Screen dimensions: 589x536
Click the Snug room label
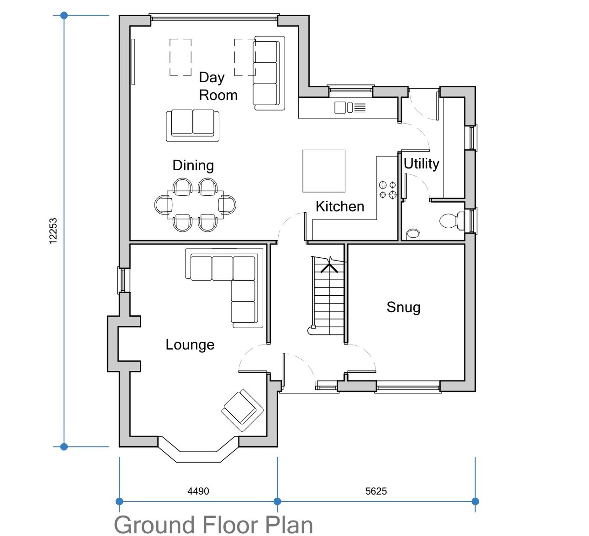click(403, 308)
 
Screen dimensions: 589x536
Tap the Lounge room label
click(190, 345)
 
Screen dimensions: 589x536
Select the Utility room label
click(421, 164)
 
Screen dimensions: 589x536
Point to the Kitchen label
click(340, 206)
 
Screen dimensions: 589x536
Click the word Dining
click(193, 166)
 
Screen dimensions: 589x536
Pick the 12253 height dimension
click(53, 231)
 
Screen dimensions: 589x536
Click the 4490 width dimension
click(198, 491)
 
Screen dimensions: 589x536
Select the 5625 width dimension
click(376, 491)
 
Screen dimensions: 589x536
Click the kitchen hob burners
click(388, 190)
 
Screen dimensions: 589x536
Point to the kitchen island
click(324, 171)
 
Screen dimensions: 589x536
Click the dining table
click(195, 205)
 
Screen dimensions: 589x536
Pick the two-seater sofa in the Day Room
click(193, 126)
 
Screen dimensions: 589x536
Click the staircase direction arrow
click(329, 266)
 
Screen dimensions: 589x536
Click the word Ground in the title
click(154, 525)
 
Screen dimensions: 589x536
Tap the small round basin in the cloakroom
click(413, 234)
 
